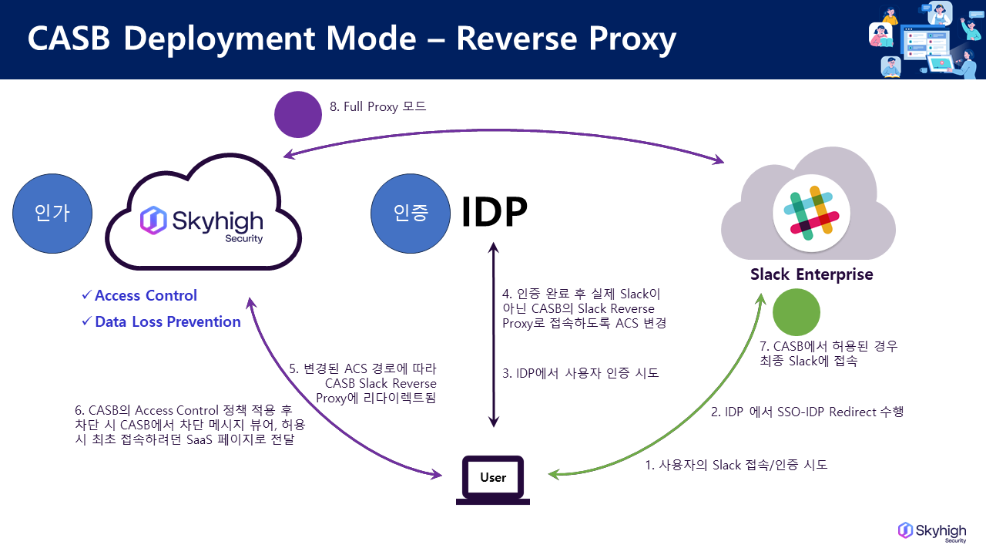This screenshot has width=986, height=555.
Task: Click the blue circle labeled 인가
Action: click(53, 213)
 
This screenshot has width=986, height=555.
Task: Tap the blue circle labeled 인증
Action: click(410, 213)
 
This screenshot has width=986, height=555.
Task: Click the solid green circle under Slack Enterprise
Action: click(797, 312)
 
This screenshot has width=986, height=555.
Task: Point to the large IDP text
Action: click(494, 212)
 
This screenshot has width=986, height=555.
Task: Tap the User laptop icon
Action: click(493, 480)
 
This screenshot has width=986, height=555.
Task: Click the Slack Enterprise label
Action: click(812, 274)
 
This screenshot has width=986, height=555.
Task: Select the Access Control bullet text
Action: click(146, 295)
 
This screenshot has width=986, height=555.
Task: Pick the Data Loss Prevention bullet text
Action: click(167, 321)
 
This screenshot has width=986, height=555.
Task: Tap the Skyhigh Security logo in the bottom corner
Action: click(932, 532)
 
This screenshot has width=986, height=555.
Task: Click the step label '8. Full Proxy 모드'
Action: click(378, 107)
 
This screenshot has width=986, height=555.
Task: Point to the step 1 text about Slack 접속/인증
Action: click(736, 465)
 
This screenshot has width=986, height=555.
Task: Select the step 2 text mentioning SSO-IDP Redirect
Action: click(806, 412)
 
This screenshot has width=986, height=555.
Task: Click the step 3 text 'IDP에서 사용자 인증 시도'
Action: click(580, 373)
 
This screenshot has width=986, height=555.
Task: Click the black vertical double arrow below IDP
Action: click(494, 335)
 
